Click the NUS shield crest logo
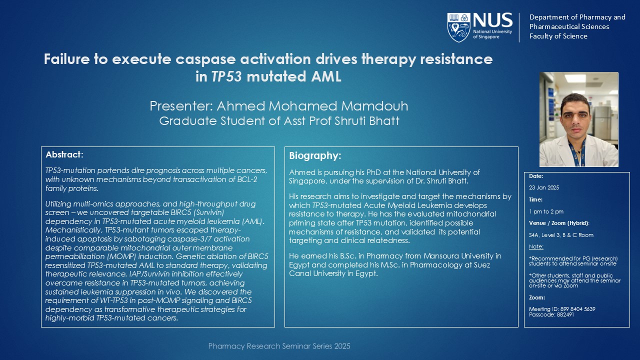click(459, 27)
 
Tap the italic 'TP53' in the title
click(226, 76)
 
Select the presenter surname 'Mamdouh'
click(374, 106)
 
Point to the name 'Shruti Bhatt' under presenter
click(367, 121)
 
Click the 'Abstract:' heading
click(64, 154)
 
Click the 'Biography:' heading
click(315, 155)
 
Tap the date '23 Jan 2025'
click(544, 187)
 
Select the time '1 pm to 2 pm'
click(546, 211)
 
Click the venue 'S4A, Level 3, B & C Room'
click(561, 235)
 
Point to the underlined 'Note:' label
click(536, 246)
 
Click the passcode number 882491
click(565, 314)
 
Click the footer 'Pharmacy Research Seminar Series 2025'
click(279, 346)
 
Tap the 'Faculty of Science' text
click(558, 36)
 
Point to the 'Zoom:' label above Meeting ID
click(537, 297)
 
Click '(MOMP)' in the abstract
click(122, 256)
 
